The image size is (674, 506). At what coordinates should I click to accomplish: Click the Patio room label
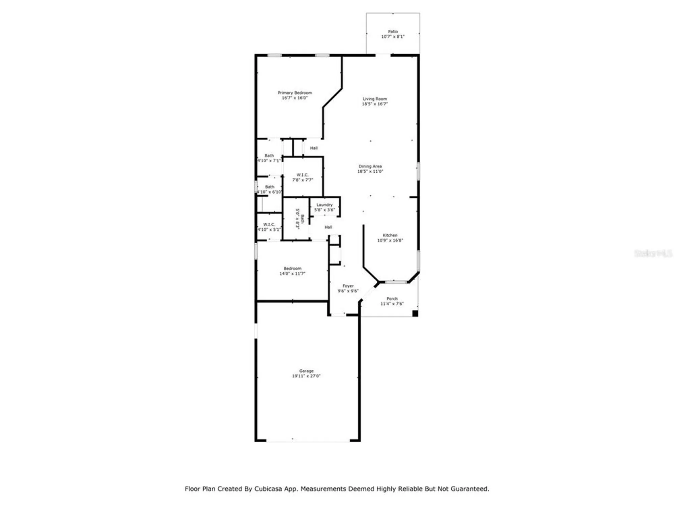(393, 31)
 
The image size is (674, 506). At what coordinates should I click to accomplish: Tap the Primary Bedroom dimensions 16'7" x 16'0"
(295, 98)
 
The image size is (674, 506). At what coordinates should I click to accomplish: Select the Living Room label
(375, 99)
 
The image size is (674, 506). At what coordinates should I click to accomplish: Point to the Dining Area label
(370, 166)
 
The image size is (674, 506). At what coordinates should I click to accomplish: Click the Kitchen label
(390, 235)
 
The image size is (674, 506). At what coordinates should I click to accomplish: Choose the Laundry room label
(325, 205)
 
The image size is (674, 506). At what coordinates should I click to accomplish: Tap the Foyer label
(348, 286)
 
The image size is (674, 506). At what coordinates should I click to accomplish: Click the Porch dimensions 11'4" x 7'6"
(392, 304)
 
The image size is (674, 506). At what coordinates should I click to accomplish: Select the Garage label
(306, 371)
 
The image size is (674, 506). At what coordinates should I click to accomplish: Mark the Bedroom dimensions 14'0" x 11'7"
(292, 274)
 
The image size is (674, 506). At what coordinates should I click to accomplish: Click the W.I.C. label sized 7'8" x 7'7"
(302, 175)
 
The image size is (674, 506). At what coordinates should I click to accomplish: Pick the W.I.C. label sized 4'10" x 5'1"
(269, 224)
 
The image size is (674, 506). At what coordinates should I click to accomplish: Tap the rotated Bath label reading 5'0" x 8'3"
(300, 219)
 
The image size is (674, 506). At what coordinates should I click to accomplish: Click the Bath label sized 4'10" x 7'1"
(269, 156)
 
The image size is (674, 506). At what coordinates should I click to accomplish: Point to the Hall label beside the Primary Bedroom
(314, 148)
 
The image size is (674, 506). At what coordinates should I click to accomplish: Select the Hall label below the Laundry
(328, 227)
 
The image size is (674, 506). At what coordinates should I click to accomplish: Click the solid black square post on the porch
(415, 313)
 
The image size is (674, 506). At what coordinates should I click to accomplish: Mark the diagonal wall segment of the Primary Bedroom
(332, 98)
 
